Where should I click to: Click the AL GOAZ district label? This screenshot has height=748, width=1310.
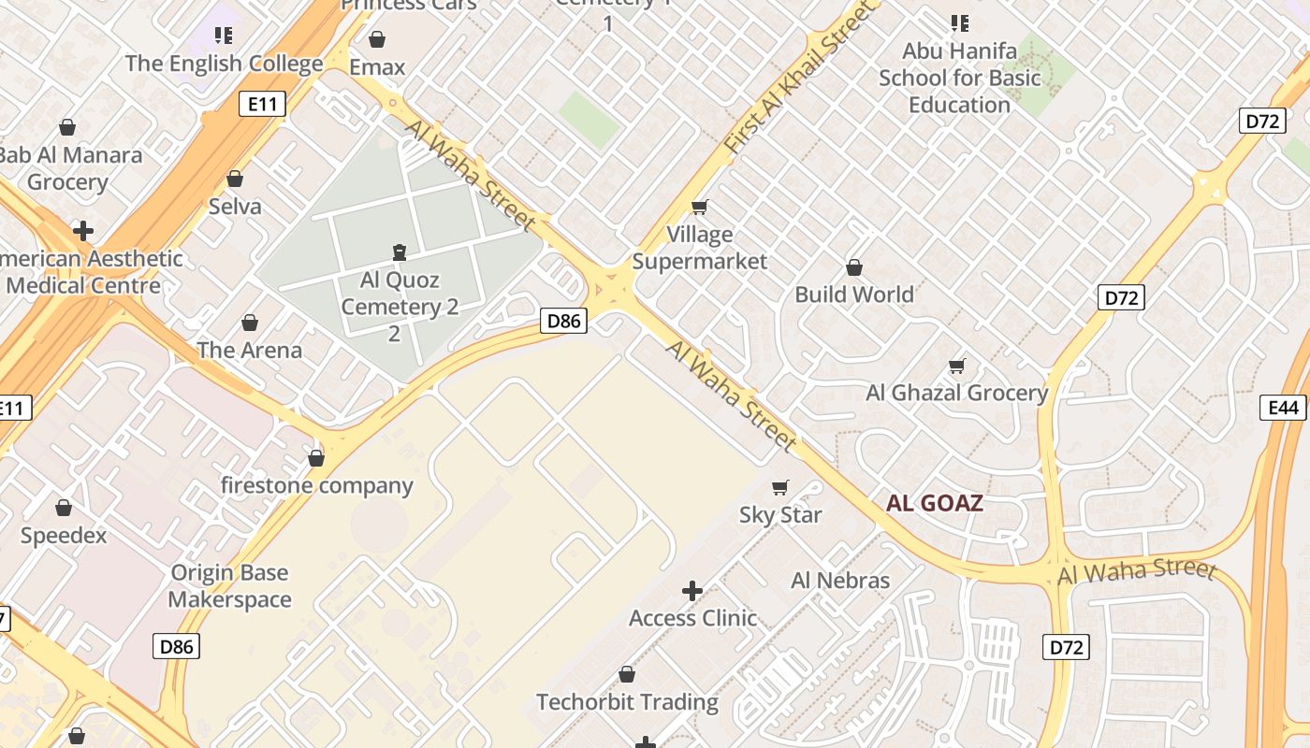[x=935, y=504]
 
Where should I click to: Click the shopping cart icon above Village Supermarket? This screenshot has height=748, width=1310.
[x=699, y=207]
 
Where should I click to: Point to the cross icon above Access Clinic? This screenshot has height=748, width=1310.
[x=692, y=591]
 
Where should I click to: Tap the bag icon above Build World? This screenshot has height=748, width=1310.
[x=854, y=268]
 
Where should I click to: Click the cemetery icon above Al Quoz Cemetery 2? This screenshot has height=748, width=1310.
[x=400, y=252]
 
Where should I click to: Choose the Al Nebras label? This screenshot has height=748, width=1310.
[x=840, y=580]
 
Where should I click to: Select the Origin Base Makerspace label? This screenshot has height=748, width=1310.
[x=230, y=586]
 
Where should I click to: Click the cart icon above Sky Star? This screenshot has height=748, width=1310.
[x=780, y=487]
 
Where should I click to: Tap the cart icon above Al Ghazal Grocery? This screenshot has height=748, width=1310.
[x=956, y=366]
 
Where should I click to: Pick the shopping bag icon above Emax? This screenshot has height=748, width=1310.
[x=377, y=39]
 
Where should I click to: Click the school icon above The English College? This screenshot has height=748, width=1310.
[x=223, y=36]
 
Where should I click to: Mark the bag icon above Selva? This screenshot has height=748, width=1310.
[x=235, y=179]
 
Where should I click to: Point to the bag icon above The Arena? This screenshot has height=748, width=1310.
[x=250, y=323]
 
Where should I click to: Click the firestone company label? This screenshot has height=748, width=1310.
[x=316, y=485]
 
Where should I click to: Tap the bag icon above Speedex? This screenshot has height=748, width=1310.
[x=64, y=508]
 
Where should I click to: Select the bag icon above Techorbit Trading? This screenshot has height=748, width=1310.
[x=627, y=674]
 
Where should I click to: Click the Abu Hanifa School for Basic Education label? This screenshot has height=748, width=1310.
[x=959, y=78]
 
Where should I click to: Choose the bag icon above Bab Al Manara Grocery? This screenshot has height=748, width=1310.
[x=67, y=127]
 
